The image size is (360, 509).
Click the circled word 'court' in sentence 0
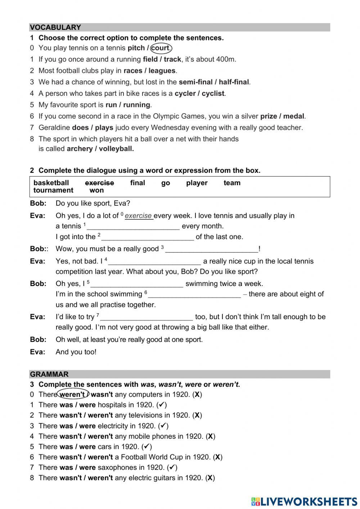161,48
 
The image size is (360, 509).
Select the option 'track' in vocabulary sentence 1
172,59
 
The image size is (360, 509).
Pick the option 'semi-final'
196,82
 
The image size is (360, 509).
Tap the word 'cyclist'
213,94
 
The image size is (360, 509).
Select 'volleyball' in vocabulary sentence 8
116,149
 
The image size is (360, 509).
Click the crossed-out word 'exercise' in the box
99,183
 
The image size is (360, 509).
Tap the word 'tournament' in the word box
53,191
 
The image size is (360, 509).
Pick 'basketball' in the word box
51,183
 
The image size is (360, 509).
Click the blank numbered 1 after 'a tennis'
133,227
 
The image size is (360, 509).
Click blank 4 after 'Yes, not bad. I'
155,262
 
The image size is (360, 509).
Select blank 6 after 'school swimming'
194,295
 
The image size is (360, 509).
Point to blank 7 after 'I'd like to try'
147,317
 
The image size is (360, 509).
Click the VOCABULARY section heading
55,27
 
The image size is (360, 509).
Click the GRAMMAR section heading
49,374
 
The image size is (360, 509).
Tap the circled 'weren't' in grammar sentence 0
72,394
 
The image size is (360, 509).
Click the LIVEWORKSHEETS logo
304,501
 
